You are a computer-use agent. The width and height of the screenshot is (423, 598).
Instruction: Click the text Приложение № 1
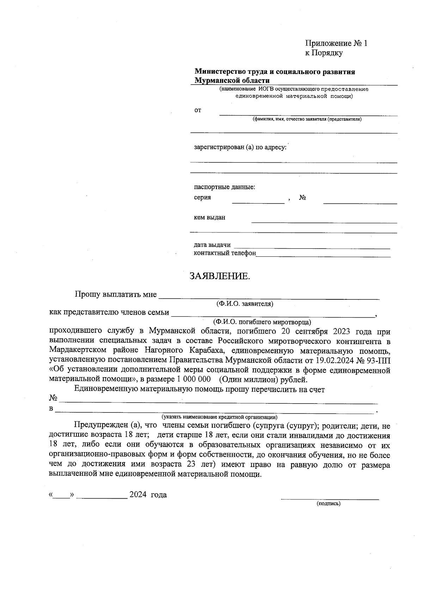336,43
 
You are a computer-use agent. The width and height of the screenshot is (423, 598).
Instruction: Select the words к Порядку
324,53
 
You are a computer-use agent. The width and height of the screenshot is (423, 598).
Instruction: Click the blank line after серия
258,201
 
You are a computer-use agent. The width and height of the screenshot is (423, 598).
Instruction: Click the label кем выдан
209,217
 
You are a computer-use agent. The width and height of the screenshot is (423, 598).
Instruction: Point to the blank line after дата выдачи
312,247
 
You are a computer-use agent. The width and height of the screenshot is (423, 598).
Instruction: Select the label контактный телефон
225,253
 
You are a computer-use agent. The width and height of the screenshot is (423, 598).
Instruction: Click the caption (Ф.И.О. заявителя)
245,304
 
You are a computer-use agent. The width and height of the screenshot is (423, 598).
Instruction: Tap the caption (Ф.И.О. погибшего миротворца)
262,322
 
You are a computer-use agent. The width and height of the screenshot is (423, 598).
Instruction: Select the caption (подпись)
329,504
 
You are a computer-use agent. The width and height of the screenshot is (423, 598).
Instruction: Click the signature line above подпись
329,498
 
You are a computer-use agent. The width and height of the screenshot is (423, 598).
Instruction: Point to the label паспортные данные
224,187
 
